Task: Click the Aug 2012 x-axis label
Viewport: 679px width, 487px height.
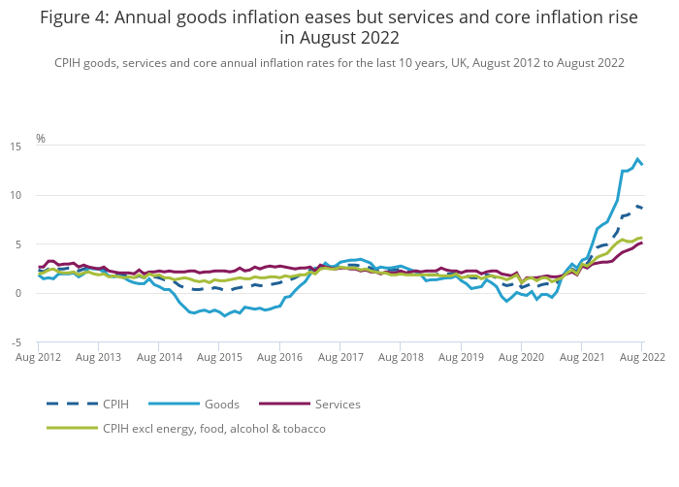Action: tap(39, 358)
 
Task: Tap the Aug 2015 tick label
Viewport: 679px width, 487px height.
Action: tap(220, 358)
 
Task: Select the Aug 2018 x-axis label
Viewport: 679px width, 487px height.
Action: tap(401, 358)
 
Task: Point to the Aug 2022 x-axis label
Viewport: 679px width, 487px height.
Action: tap(640, 358)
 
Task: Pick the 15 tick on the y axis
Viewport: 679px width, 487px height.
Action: tap(16, 146)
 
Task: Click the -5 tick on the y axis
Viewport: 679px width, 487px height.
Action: tap(17, 342)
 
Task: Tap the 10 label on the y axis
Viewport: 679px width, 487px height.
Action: tap(16, 195)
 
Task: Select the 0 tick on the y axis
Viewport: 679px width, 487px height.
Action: tap(19, 293)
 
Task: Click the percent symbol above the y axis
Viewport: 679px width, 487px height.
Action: tap(41, 139)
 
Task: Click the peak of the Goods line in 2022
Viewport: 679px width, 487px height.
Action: tap(637, 159)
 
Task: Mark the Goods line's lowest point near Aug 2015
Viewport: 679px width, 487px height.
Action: tap(225, 316)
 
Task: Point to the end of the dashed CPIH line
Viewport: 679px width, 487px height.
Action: tap(642, 208)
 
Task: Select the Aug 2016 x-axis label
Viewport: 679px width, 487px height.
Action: tap(280, 358)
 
